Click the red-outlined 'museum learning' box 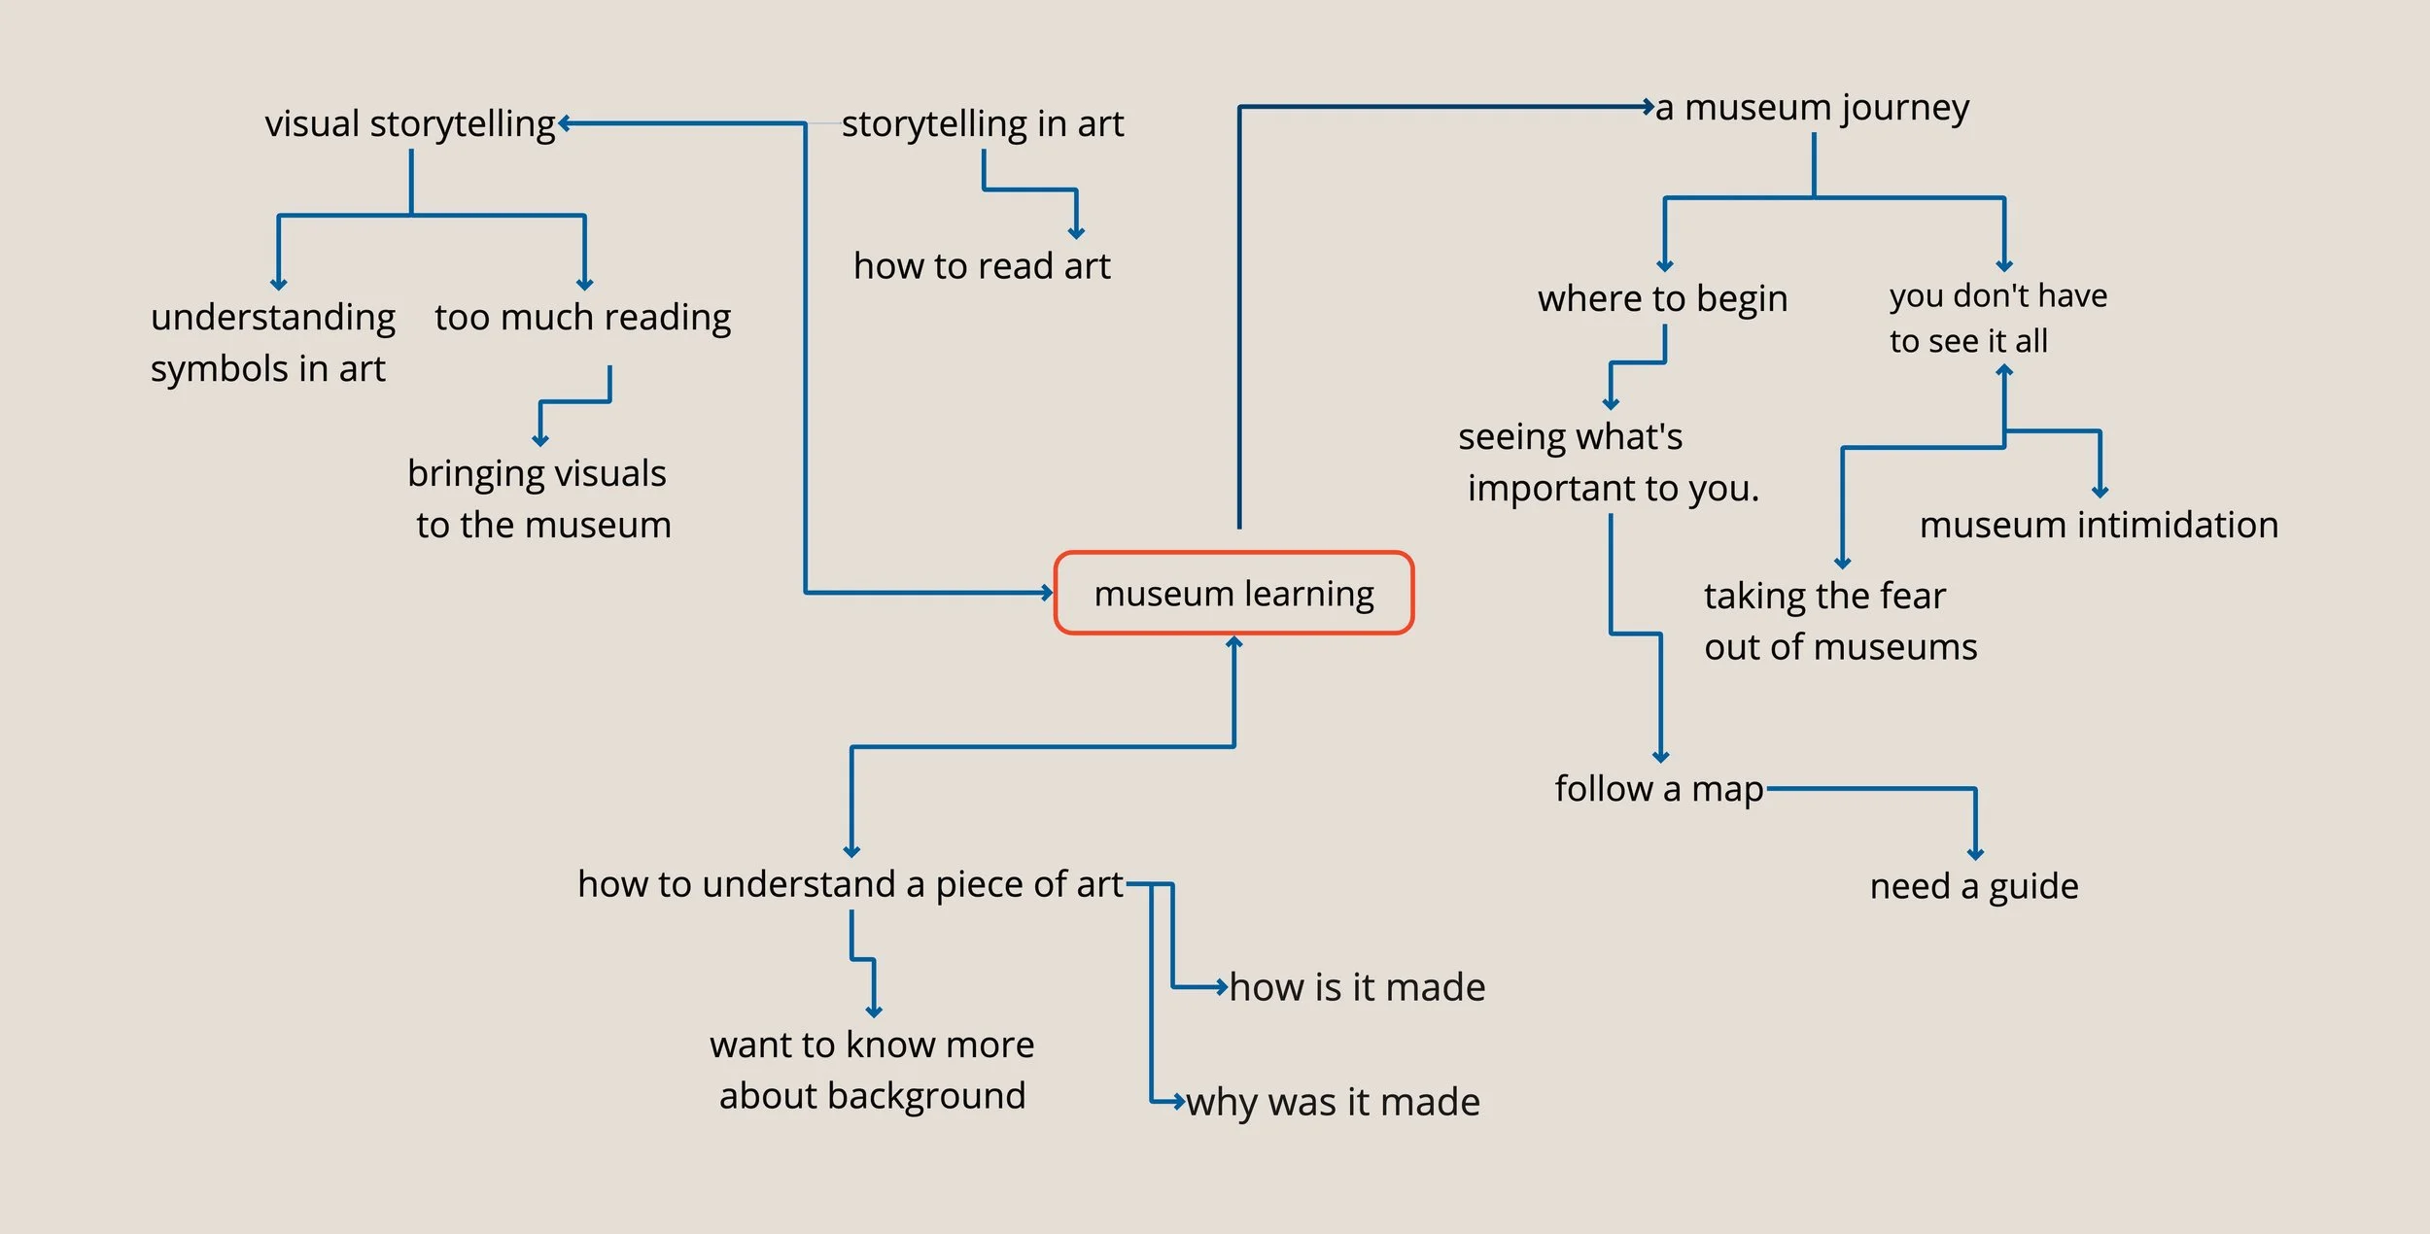tap(1233, 593)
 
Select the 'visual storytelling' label tap(409, 123)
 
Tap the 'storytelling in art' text tap(982, 123)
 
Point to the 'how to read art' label tap(982, 265)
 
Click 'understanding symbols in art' tap(272, 342)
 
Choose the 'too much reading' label tap(582, 317)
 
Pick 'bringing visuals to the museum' tap(539, 498)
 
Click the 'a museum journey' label tap(1812, 107)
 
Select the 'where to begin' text tap(1662, 298)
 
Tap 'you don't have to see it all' tap(1997, 318)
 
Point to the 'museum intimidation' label tap(2099, 525)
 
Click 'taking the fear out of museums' tap(1839, 621)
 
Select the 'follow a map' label tap(1658, 788)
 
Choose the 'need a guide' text tap(1974, 885)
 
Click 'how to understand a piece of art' tap(850, 884)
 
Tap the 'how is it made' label tap(1357, 987)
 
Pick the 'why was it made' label tap(1333, 1102)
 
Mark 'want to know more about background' tap(872, 1070)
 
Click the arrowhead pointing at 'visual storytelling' tap(565, 123)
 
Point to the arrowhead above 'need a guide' tap(1975, 854)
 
